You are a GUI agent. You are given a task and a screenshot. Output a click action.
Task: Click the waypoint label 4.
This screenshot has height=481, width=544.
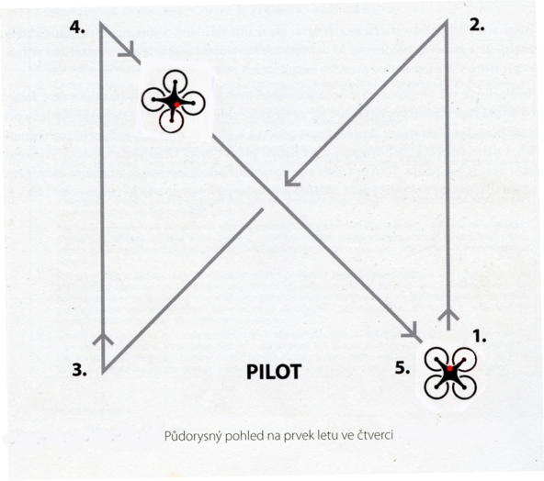point(77,27)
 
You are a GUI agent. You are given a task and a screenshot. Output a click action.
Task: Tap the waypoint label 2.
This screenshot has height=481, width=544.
point(477,26)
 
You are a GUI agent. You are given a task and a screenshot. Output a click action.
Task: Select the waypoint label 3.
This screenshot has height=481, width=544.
point(79,370)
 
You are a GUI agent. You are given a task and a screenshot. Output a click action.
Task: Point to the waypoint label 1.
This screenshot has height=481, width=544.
point(480,336)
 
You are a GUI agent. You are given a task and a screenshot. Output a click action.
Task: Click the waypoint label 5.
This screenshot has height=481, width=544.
point(402,368)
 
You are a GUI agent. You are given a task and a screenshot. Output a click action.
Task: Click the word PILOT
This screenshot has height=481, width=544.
point(274,372)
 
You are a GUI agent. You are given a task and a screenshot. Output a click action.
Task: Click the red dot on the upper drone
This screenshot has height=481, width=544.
point(176,105)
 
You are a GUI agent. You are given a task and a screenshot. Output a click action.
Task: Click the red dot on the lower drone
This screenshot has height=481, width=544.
point(449,368)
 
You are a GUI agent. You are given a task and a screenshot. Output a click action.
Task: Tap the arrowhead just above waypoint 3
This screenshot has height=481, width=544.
point(103,339)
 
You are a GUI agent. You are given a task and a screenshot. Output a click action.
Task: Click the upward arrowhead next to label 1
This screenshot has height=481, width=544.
point(448,314)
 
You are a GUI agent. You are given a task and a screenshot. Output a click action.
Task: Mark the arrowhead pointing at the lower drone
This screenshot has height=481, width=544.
point(413,331)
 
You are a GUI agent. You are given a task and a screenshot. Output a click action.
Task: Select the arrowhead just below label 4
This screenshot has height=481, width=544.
point(129,51)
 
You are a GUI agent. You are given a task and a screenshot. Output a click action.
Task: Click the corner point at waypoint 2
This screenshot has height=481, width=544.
point(447,21)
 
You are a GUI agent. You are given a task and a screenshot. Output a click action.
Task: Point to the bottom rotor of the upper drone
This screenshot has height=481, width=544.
point(172,121)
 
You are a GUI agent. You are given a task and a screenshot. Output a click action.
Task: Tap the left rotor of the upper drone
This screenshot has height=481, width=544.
point(153,99)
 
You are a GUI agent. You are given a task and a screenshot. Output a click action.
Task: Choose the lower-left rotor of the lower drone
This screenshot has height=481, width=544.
point(436,386)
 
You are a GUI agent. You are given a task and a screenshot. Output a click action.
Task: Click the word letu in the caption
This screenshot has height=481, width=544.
point(326,434)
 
